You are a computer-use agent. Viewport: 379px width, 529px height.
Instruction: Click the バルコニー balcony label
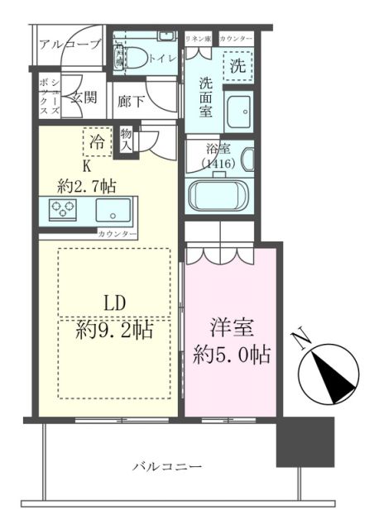pyautogui.click(x=167, y=467)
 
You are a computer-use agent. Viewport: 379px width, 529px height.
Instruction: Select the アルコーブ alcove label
pyautogui.click(x=69, y=44)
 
